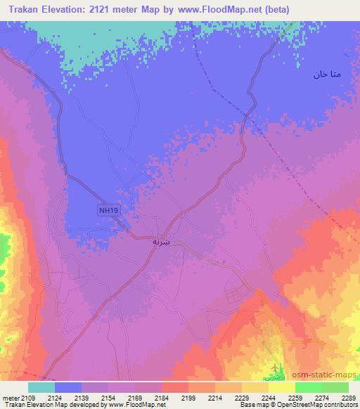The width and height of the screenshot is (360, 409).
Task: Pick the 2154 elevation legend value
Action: point(109,397)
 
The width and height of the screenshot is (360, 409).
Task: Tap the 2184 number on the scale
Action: point(162,397)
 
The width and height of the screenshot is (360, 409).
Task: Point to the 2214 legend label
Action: point(215,397)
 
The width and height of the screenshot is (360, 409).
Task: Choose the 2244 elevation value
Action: point(269,397)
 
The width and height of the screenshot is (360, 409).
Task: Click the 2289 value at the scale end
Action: point(348,397)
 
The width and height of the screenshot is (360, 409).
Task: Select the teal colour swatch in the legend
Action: point(41,387)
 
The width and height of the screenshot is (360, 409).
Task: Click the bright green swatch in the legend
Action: point(308,387)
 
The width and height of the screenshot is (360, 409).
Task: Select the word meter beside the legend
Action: point(11,397)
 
